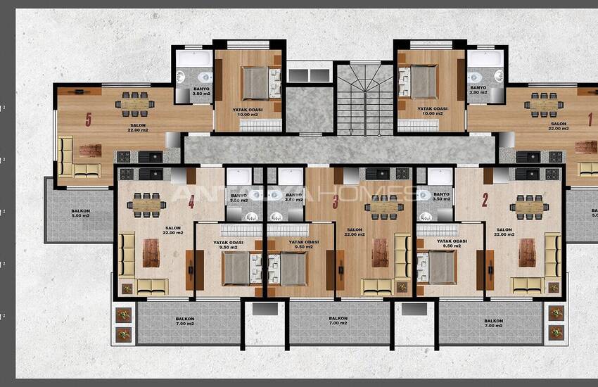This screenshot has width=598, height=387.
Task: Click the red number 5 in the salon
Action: (89, 120)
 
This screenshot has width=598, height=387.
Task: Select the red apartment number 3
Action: (336, 203)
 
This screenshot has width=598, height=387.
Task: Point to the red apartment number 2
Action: (485, 200)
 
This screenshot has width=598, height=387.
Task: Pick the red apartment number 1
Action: (590, 120)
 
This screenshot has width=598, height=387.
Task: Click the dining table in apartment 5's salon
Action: (134, 103)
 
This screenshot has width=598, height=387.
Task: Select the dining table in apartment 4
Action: (146, 205)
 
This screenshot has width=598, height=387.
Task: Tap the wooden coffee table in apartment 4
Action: (151, 253)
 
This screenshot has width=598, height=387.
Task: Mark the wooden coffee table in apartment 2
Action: (527, 253)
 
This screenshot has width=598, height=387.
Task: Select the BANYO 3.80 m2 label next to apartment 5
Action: (201, 91)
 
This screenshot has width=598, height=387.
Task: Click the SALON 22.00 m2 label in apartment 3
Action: (354, 233)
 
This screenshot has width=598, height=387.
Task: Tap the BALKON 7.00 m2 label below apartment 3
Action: (338, 321)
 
